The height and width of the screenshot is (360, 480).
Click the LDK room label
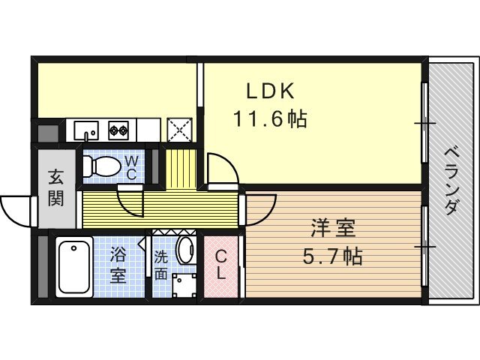[270, 91]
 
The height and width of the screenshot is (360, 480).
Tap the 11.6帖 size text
[270, 118]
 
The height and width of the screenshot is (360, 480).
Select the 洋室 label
[333, 228]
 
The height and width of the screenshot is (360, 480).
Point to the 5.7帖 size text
[333, 256]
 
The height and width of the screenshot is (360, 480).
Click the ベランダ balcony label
[451, 181]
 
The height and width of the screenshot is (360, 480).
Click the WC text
[131, 167]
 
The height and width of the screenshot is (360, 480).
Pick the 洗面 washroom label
[160, 265]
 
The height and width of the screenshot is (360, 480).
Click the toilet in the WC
[102, 166]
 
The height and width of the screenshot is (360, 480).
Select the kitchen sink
[87, 130]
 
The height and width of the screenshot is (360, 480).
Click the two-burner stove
[118, 130]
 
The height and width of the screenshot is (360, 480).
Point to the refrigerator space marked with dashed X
[179, 130]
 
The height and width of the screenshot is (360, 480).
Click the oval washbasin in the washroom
[187, 250]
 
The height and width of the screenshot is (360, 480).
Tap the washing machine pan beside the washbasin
[184, 285]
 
